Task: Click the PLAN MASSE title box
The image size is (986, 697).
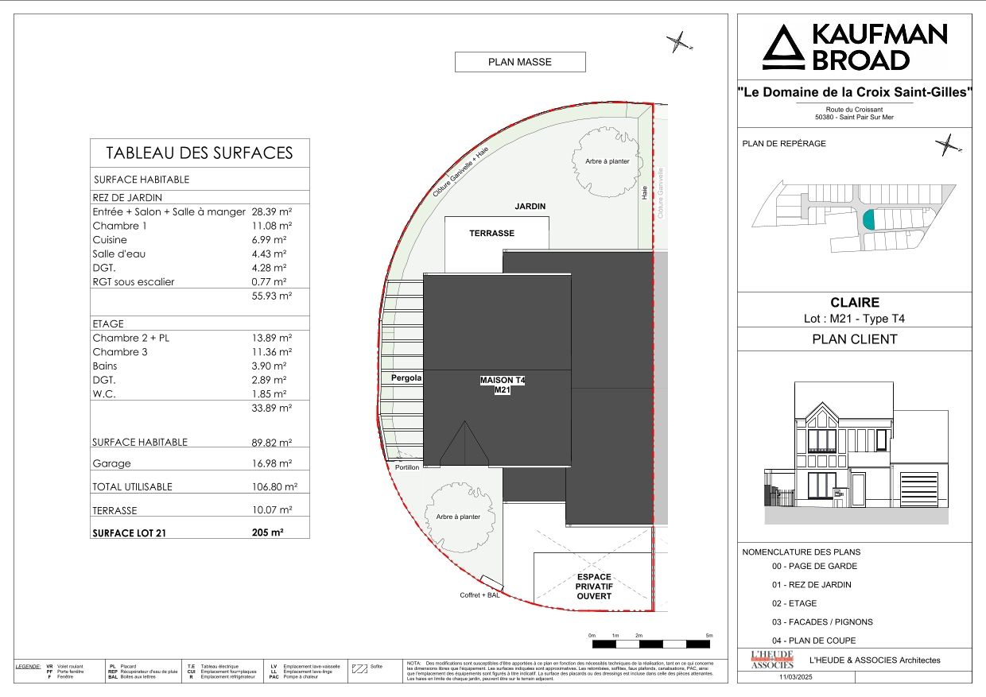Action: pos(519,62)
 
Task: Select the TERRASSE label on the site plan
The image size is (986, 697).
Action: pos(491,234)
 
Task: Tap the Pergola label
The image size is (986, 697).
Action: pos(406,378)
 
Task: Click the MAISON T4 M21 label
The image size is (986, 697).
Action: pos(502,385)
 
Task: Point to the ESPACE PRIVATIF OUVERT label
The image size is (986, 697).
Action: pos(594,587)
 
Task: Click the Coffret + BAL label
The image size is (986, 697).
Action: pos(479,595)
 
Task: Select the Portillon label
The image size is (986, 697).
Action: pos(406,467)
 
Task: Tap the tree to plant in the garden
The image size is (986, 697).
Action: pos(607,162)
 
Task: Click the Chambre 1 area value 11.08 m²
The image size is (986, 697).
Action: pos(269,226)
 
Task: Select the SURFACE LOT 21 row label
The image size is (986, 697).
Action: pos(132,533)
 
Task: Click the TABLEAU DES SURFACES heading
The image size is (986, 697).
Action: pos(200,153)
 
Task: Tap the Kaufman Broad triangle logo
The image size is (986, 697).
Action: pos(783,48)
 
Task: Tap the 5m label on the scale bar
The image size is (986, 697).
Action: pos(709,636)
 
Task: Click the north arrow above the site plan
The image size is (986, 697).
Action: pos(677,41)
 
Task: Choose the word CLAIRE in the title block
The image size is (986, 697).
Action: pos(854,302)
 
